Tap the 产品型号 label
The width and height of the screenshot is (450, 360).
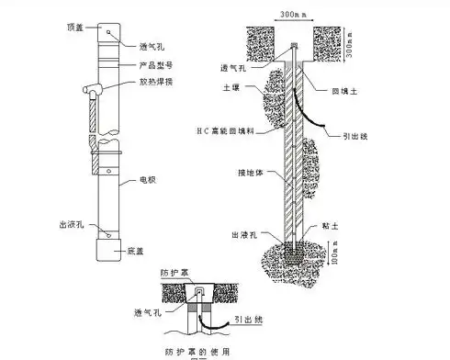[153, 65]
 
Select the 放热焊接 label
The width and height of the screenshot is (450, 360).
[153, 81]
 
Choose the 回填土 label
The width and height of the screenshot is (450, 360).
[345, 91]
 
